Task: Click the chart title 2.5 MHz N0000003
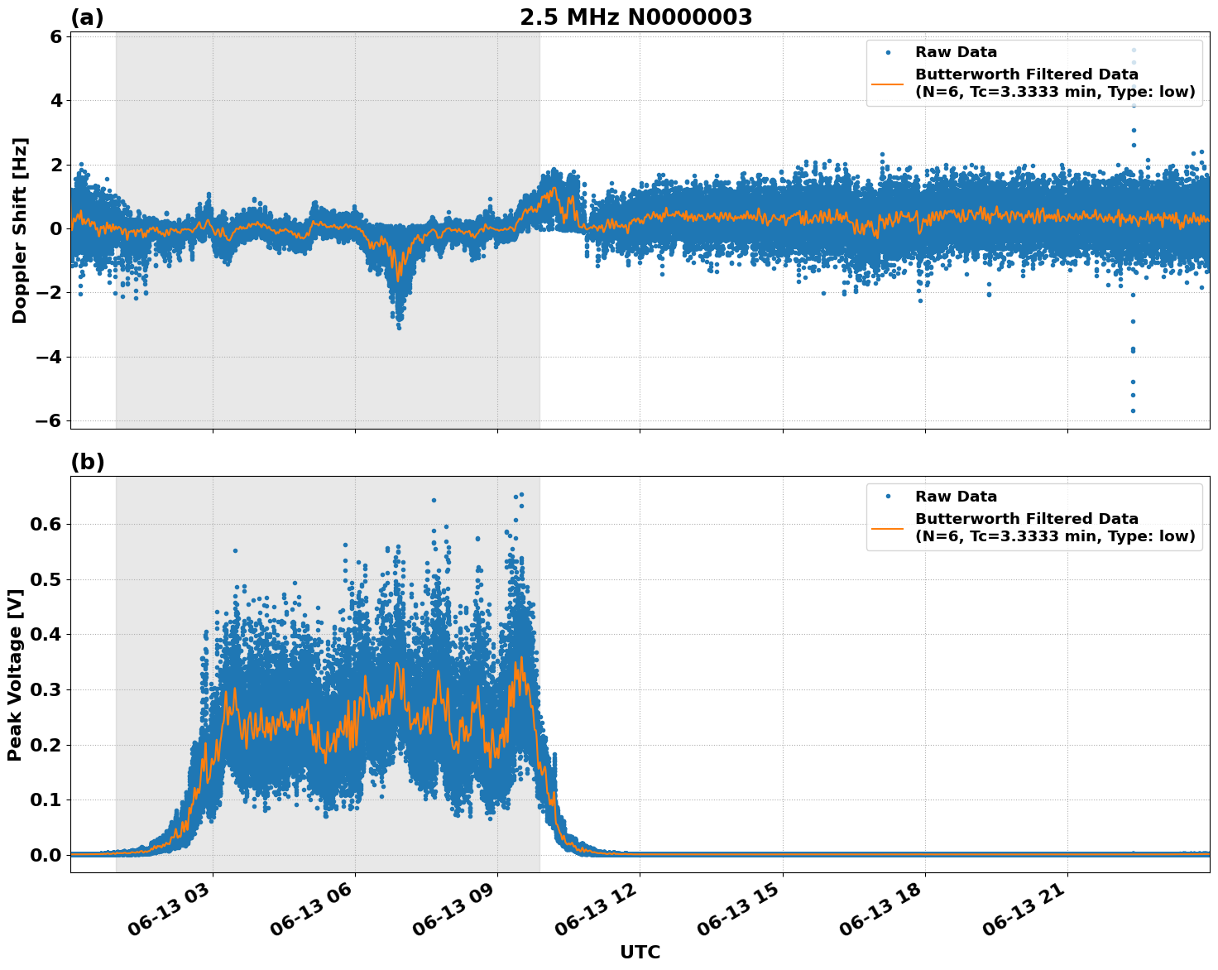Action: [635, 17]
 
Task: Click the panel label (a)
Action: [87, 17]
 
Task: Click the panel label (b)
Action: [87, 462]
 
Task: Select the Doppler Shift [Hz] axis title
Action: [20, 230]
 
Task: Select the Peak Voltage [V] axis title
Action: [14, 674]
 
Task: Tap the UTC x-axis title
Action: [640, 952]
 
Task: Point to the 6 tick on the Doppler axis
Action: [56, 36]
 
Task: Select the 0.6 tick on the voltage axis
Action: [46, 524]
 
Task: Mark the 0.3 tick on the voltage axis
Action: [46, 689]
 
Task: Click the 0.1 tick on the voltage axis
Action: [46, 800]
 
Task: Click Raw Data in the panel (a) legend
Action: [956, 52]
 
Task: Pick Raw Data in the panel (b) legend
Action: [956, 497]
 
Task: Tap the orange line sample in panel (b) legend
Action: [887, 527]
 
